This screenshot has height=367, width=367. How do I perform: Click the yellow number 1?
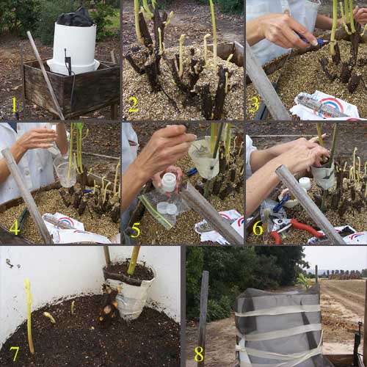[14, 105]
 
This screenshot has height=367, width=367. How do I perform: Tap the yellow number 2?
[134, 105]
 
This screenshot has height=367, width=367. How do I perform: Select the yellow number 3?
[255, 105]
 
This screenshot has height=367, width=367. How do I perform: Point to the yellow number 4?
[15, 229]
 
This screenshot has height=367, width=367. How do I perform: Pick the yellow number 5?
[136, 230]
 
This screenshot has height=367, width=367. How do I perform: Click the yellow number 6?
[258, 228]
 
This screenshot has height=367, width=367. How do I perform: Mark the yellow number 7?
[14, 354]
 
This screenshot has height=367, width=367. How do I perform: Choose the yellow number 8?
[199, 354]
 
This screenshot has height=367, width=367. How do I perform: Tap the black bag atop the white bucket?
[76, 17]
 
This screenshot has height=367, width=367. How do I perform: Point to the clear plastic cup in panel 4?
[64, 170]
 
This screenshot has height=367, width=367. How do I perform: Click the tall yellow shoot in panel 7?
[29, 316]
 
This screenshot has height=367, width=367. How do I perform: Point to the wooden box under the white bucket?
[71, 88]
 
